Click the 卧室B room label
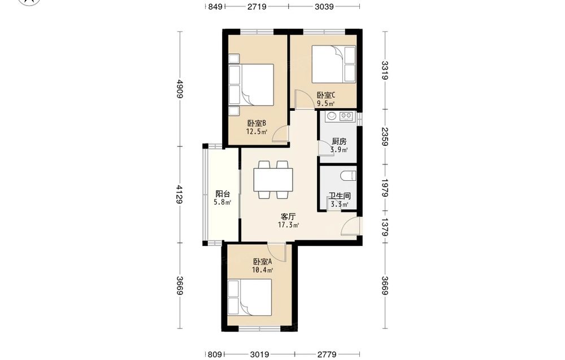[x=257, y=123]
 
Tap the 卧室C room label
[x=326, y=96]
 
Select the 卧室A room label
[x=262, y=262]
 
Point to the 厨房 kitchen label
[x=339, y=141]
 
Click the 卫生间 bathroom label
[x=339, y=196]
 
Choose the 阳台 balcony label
[x=223, y=194]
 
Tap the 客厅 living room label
[x=288, y=216]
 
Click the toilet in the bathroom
[x=348, y=176]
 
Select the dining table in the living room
[x=273, y=180]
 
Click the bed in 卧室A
[x=250, y=298]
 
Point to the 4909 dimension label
[x=180, y=89]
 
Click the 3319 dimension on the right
[x=385, y=71]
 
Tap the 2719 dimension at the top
[x=257, y=6]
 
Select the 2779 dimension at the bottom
[x=327, y=354]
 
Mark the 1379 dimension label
[x=385, y=227]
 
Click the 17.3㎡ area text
[x=288, y=225]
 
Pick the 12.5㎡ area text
[x=257, y=132]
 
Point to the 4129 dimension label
[x=180, y=194]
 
